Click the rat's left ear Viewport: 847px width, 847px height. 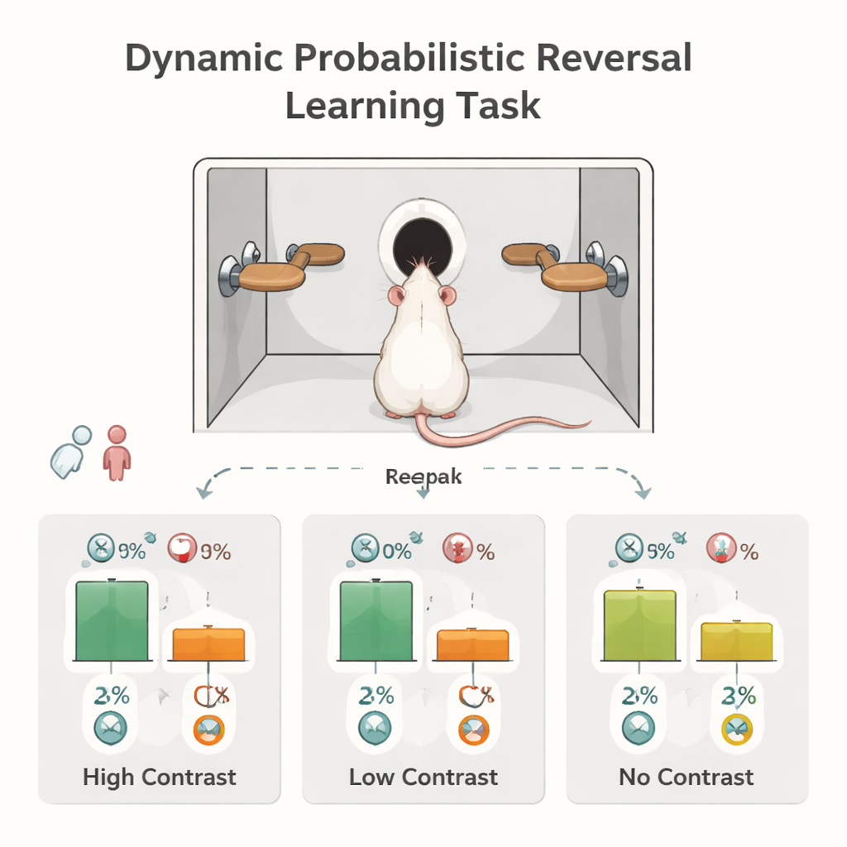pyautogui.click(x=396, y=295)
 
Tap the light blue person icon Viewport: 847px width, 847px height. pyautogui.click(x=73, y=452)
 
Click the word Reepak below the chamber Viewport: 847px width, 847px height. pyautogui.click(x=423, y=477)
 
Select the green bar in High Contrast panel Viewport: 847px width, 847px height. pyautogui.click(x=112, y=620)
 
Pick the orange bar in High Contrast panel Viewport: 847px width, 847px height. pyautogui.click(x=208, y=644)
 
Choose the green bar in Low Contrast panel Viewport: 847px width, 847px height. pyautogui.click(x=376, y=620)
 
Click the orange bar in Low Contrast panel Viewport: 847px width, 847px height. pyautogui.click(x=472, y=644)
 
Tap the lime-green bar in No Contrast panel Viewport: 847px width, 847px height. pyautogui.click(x=639, y=624)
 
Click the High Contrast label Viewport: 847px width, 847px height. pyautogui.click(x=160, y=778)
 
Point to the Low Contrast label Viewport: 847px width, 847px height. pyautogui.click(x=423, y=778)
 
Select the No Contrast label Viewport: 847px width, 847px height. pyautogui.click(x=687, y=778)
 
